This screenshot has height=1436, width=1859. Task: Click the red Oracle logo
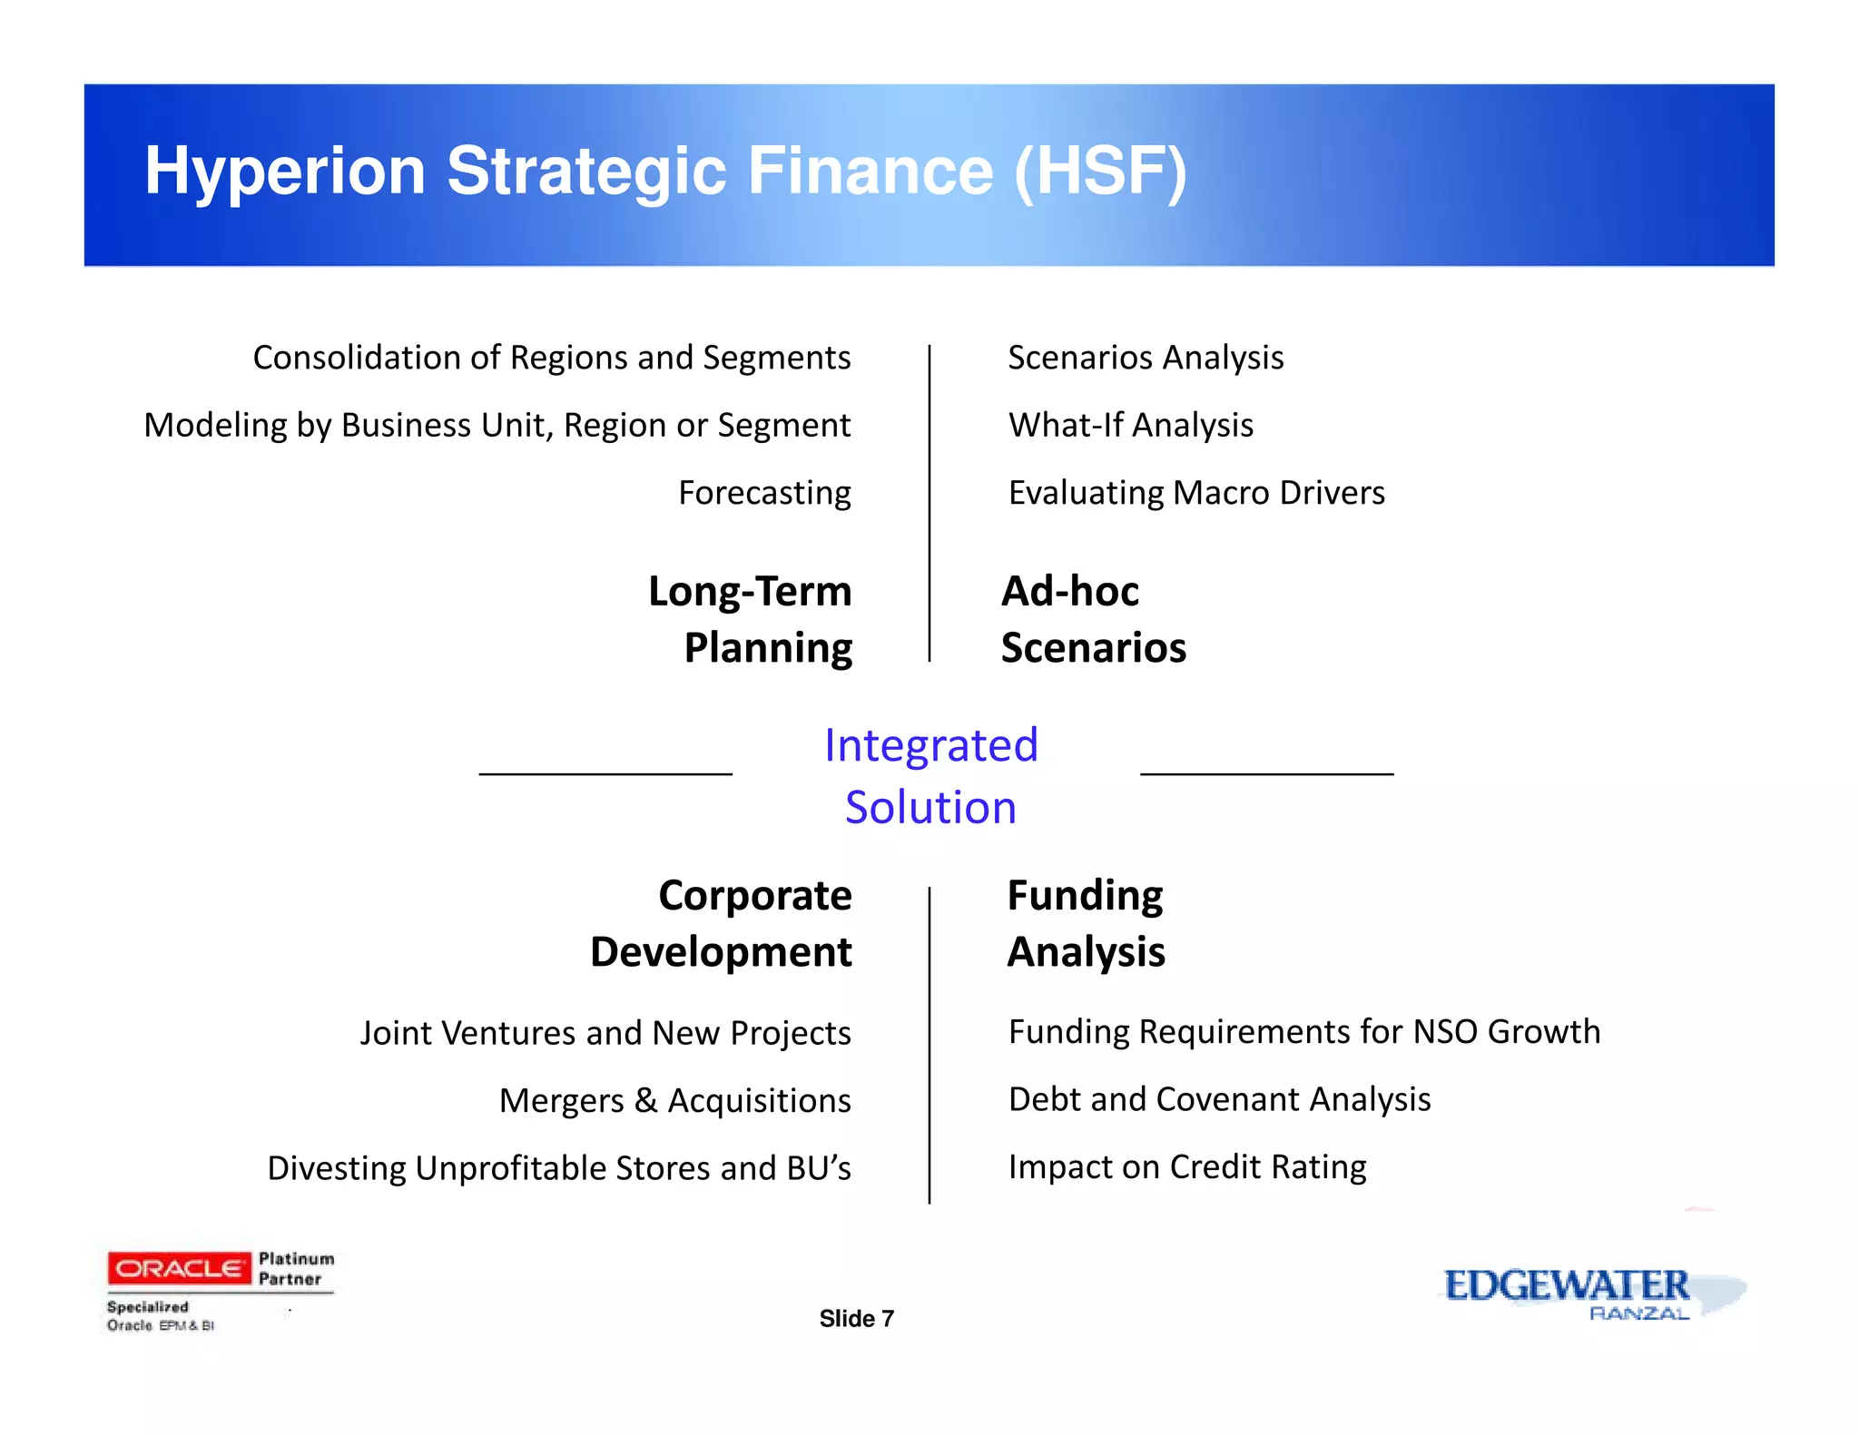coord(179,1268)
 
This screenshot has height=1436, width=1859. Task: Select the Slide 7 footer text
coord(856,1319)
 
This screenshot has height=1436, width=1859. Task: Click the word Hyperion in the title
coord(285,172)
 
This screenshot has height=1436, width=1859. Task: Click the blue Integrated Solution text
coord(930,776)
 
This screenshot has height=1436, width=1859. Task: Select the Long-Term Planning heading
coord(752,619)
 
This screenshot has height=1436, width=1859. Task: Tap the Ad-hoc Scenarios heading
coord(1092,619)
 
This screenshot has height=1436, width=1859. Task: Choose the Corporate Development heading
coord(723,923)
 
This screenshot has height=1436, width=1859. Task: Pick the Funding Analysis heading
coord(1086,923)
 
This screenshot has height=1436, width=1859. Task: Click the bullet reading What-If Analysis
coord(1130,425)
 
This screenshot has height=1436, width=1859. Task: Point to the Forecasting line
coord(764,493)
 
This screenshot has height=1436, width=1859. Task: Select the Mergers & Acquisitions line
coord(674,1100)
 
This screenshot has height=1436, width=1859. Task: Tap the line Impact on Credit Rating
coord(1186,1166)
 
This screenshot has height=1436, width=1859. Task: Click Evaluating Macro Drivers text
coord(1196,493)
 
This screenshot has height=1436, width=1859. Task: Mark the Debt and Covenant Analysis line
coord(1219,1099)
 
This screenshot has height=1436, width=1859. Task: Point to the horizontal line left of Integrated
coord(605,774)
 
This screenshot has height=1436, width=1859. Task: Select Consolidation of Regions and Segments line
coord(551,358)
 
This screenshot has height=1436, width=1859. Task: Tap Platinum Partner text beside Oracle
coord(296,1269)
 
